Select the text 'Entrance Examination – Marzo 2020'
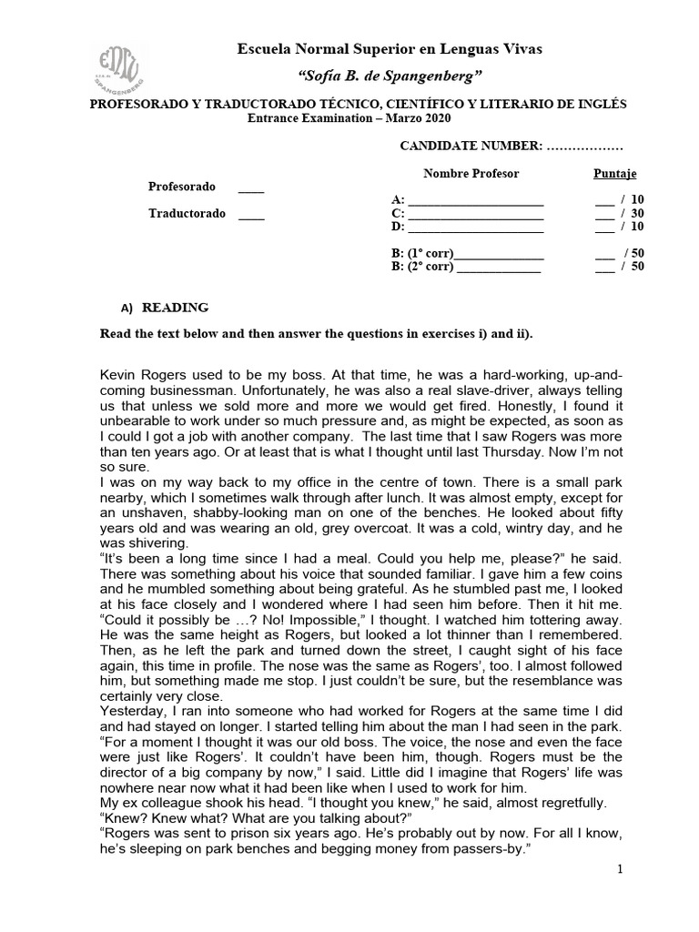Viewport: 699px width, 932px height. (349, 119)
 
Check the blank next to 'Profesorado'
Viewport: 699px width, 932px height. (251, 187)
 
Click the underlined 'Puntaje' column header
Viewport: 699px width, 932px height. (615, 173)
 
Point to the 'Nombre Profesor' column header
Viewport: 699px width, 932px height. (471, 173)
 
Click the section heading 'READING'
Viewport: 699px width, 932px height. (175, 308)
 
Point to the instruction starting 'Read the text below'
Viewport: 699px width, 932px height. (316, 333)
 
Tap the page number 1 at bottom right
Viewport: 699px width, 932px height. (620, 870)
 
